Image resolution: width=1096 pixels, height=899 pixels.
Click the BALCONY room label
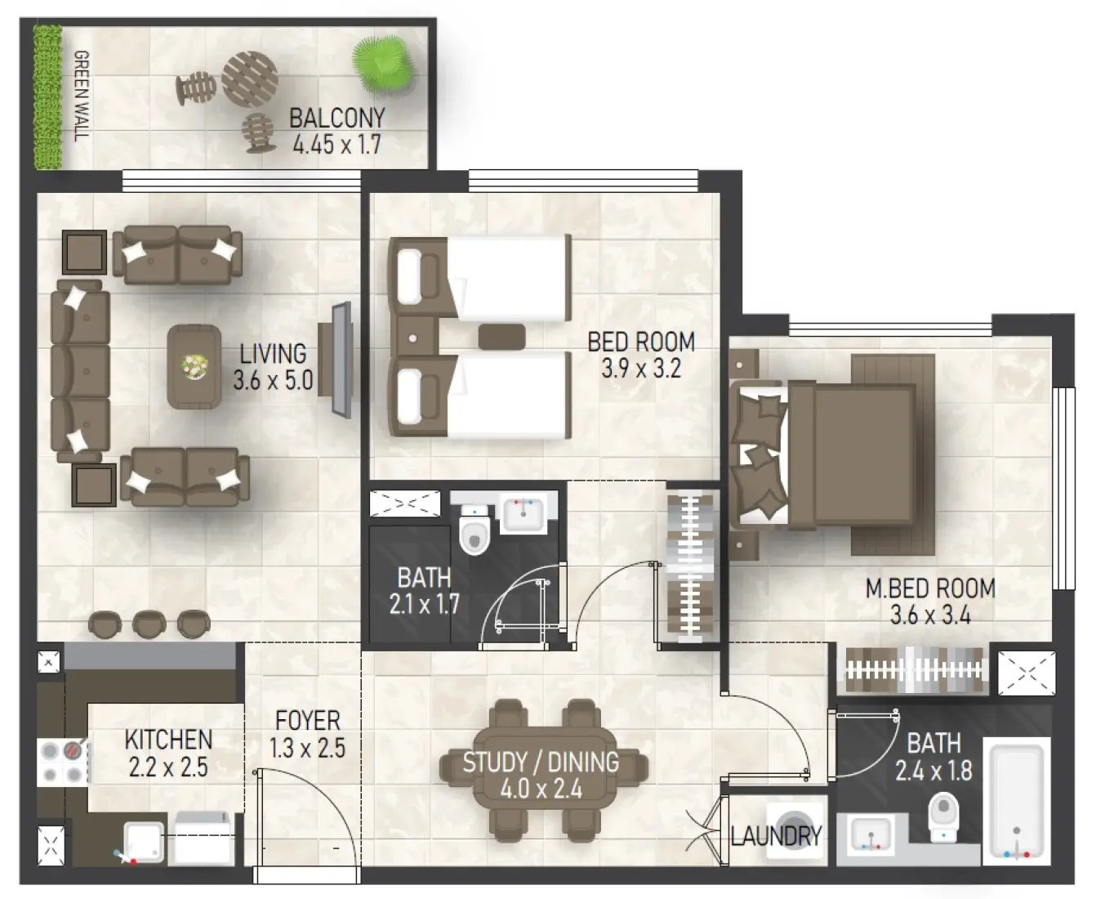point(336,131)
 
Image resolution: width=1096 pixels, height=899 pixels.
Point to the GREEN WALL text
point(81,96)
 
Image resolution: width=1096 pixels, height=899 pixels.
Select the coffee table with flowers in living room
point(194,365)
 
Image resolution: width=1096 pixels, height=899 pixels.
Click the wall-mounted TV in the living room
point(341,360)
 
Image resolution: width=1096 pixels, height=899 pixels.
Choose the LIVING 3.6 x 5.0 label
point(273,366)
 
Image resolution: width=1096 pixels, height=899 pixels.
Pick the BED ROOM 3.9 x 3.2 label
point(641,355)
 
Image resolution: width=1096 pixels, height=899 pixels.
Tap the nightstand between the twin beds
point(416,337)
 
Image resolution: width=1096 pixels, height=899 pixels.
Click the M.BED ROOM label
point(930,601)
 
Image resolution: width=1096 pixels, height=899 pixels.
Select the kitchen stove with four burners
point(64,762)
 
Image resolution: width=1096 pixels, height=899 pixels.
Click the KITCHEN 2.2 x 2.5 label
point(168,753)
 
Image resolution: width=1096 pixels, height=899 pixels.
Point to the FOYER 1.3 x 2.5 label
point(307,733)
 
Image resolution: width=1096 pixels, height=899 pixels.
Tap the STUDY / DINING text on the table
point(541,775)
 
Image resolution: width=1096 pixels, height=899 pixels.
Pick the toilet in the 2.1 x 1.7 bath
point(473,531)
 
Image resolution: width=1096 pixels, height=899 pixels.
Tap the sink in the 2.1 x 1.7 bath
point(522,514)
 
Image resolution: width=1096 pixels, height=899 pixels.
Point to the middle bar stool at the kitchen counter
point(149,624)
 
